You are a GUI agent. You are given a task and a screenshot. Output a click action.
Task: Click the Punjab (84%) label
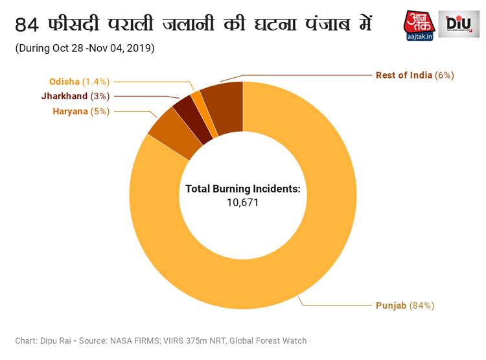(405, 305)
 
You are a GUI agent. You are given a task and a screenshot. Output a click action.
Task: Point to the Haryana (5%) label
(81, 111)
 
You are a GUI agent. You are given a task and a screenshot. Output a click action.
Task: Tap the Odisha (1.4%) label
(80, 81)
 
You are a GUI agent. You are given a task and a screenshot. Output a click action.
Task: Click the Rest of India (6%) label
(415, 75)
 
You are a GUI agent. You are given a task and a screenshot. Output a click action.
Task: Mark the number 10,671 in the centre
(243, 203)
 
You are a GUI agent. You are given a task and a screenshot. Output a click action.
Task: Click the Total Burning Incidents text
(243, 189)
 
